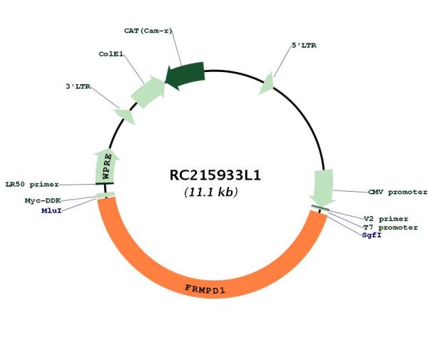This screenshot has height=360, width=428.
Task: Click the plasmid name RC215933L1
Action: click(215, 175)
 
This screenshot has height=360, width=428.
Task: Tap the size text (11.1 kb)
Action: click(211, 192)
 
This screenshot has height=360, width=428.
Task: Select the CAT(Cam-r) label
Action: click(148, 31)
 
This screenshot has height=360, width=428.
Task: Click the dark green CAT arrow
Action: click(185, 76)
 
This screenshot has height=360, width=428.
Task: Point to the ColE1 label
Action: click(111, 54)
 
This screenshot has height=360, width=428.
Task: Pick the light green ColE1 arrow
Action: click(148, 92)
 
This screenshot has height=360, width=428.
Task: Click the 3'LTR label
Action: click(78, 86)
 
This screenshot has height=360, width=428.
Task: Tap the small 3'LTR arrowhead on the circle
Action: click(125, 116)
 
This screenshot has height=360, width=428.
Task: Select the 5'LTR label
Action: click(304, 46)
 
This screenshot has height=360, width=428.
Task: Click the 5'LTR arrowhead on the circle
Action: click(267, 83)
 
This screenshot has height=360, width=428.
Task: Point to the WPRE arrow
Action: click(106, 166)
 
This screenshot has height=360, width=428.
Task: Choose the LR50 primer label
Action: click(32, 185)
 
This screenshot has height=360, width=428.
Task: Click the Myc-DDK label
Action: click(43, 201)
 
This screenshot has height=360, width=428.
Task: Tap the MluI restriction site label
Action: click(51, 210)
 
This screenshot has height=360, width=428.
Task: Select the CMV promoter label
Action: click(398, 192)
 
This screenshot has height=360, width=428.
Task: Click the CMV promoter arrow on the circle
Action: click(323, 187)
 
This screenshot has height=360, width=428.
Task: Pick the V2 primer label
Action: click(386, 219)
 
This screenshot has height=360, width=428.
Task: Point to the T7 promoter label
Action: click(390, 227)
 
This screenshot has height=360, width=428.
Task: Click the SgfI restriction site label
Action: click(372, 235)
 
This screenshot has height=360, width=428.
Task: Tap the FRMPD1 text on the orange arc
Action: click(205, 289)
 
